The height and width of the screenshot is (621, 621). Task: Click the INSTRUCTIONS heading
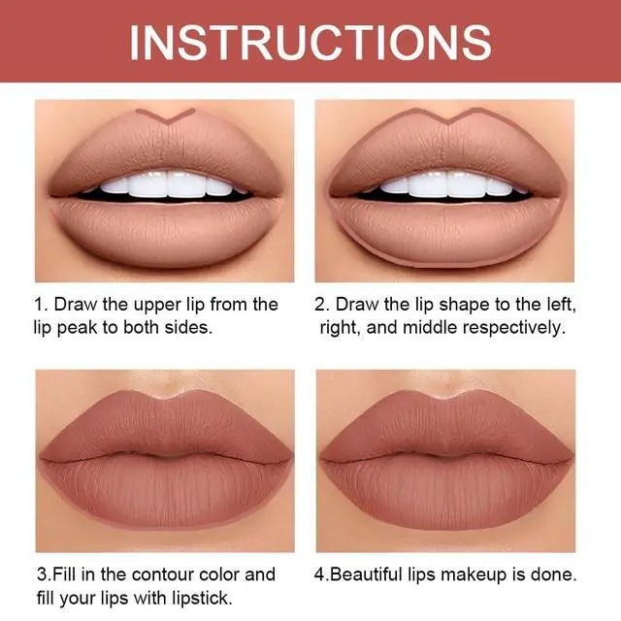click(x=310, y=43)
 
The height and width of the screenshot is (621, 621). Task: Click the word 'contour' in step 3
click(x=163, y=574)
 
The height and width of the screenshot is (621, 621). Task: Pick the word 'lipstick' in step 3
click(x=202, y=598)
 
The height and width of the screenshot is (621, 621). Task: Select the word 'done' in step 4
click(x=554, y=574)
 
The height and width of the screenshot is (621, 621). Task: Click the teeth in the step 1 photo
click(x=167, y=185)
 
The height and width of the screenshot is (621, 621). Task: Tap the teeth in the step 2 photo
click(x=446, y=185)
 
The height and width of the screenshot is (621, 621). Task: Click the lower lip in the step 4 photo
click(x=446, y=491)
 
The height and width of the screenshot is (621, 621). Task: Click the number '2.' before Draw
click(x=322, y=306)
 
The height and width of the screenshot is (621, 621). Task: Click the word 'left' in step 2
click(x=561, y=306)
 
